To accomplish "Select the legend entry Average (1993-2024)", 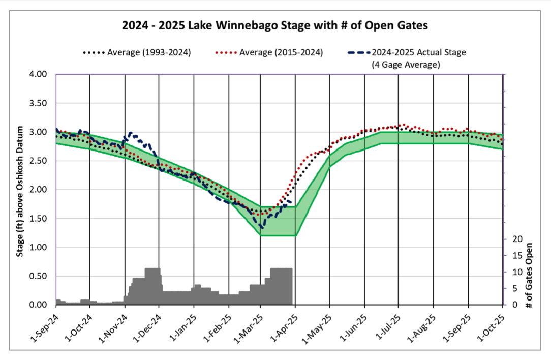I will pos(136,52).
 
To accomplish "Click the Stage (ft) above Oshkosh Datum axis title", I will pos(20,189).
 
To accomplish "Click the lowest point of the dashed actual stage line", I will pos(262,227).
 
